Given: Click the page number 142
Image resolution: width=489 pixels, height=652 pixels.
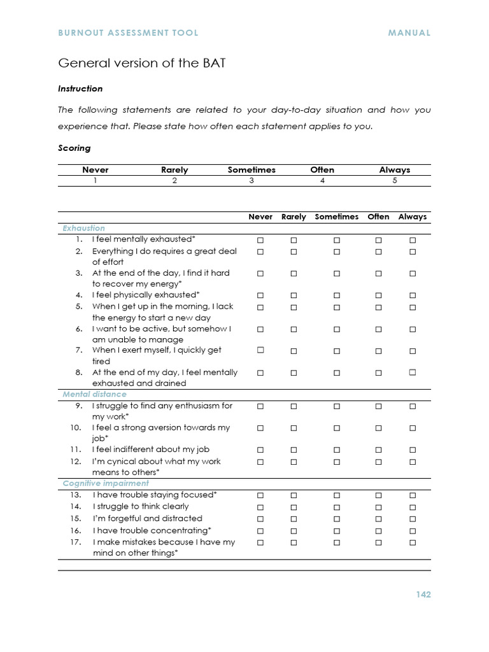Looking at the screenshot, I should (x=423, y=595).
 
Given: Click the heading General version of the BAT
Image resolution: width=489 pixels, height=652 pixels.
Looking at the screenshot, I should (x=141, y=63).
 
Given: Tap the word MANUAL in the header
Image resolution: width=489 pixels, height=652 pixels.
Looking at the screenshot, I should (x=409, y=32).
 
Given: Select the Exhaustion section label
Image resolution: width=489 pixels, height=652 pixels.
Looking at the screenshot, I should (x=83, y=228).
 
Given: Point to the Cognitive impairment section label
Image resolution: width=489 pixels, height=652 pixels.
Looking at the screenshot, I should (x=106, y=483).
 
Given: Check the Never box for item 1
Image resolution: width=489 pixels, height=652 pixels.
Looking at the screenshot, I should (x=260, y=240).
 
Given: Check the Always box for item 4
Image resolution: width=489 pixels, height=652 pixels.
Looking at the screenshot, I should (x=413, y=295).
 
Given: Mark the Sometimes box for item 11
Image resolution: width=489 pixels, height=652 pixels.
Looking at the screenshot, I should (x=337, y=450).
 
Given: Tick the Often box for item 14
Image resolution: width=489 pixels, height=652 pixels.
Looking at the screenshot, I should (x=378, y=507).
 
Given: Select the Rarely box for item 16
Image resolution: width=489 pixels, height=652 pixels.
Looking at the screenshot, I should (x=294, y=531).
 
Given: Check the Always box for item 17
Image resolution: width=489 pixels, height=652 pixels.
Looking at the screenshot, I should (x=413, y=542).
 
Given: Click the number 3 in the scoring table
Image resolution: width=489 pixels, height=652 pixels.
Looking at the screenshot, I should (x=252, y=180).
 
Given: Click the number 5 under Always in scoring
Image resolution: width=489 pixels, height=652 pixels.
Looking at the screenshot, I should (x=395, y=180).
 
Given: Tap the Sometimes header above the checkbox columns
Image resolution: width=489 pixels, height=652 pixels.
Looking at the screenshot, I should (x=337, y=216).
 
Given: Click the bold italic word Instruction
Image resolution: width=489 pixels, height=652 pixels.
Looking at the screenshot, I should (x=80, y=89).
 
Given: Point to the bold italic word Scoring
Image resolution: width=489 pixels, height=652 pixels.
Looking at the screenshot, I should (x=74, y=148).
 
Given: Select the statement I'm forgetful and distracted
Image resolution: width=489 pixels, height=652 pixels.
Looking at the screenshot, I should (x=147, y=518).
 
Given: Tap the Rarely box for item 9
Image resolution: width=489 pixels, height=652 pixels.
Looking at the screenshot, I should (x=294, y=406).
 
